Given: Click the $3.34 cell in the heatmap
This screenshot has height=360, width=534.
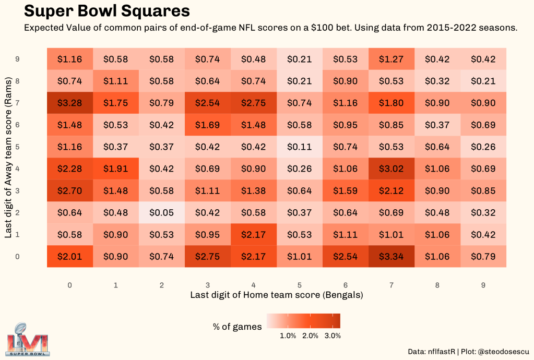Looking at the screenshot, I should click(x=391, y=256).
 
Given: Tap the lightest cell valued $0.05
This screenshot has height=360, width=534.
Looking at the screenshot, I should click(x=162, y=212).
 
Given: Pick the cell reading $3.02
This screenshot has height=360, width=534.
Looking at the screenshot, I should click(x=391, y=169).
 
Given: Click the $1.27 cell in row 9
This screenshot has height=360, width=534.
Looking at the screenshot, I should click(x=391, y=59).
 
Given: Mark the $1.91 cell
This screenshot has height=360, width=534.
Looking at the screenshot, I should click(x=116, y=169).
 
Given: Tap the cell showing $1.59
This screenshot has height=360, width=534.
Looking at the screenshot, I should click(x=346, y=190).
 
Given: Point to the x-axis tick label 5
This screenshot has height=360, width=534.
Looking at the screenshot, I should click(x=300, y=285).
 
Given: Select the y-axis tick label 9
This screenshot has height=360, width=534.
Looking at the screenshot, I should click(x=18, y=59).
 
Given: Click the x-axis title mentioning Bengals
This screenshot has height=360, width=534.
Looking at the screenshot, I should click(x=277, y=295).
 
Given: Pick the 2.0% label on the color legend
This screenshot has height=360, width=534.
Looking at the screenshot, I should click(x=310, y=336).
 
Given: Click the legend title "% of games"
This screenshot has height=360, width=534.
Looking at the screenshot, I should click(x=238, y=327).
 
